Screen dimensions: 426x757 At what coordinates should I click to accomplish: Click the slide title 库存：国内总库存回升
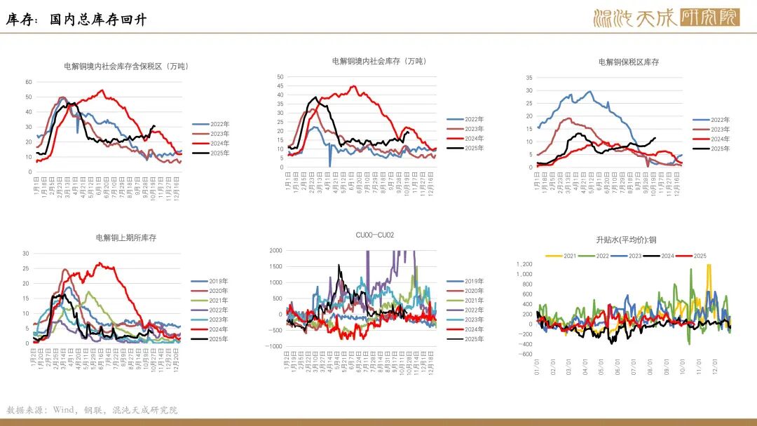76,20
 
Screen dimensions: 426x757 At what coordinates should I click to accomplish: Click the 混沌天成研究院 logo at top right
665,18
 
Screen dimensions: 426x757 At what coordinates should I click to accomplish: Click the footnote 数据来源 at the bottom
92,410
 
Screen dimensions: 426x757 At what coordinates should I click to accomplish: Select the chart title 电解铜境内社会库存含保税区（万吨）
126,67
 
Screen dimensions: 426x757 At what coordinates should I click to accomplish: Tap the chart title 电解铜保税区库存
629,62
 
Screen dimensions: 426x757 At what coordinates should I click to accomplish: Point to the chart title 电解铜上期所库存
126,238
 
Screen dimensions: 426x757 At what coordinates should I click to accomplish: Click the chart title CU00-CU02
375,235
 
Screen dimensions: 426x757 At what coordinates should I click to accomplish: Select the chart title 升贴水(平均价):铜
626,240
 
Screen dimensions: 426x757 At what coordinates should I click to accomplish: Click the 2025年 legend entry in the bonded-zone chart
720,149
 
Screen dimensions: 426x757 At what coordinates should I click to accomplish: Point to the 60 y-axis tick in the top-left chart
29,82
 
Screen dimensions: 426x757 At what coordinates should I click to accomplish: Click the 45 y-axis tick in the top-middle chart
280,85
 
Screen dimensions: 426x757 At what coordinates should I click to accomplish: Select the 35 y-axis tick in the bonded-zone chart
529,78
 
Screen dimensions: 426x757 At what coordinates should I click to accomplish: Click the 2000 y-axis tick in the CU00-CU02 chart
275,250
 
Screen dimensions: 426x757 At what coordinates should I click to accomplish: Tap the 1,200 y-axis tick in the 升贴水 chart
524,264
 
